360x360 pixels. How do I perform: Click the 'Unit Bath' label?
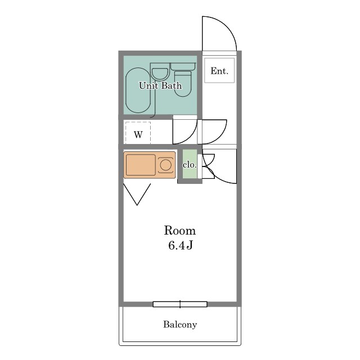coord(160,86)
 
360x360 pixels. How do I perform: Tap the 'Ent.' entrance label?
coord(219,71)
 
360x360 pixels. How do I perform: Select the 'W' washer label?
coord(138,135)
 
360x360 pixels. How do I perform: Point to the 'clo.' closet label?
coord(190,165)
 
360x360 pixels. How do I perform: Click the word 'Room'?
coord(179,231)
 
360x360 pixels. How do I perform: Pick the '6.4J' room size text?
coord(180,245)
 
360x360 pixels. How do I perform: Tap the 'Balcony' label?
coord(180,325)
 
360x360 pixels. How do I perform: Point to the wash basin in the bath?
coord(160,74)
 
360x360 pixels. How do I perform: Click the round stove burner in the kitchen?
coord(165,165)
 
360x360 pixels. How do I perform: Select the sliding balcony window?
coord(180,304)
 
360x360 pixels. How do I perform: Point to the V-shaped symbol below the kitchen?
coord(137,194)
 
